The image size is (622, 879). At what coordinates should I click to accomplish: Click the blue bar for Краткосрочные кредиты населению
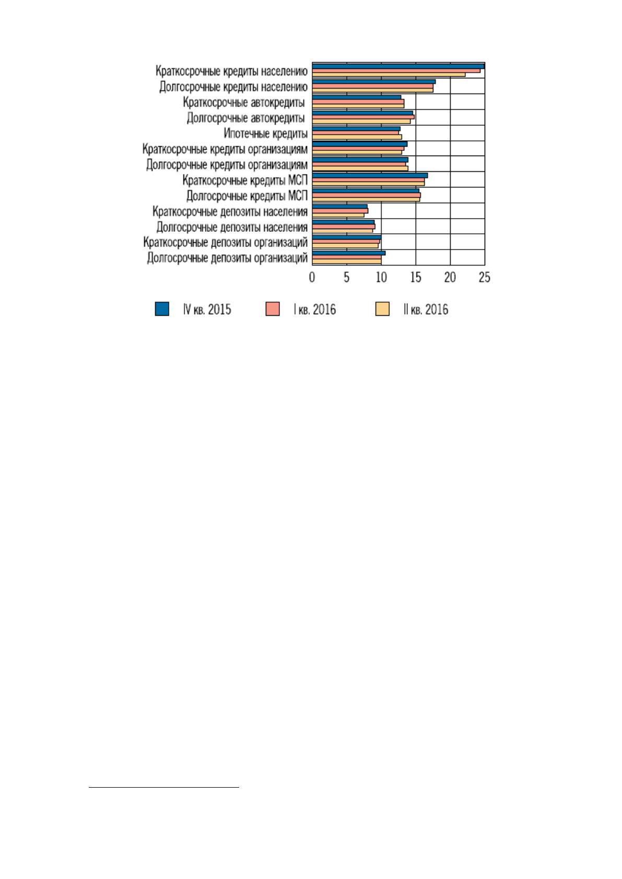pyautogui.click(x=398, y=66)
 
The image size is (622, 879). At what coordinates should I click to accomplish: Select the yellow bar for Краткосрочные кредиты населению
pyautogui.click(x=389, y=75)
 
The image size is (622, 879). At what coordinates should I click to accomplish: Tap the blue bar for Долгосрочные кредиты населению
pyautogui.click(x=374, y=81)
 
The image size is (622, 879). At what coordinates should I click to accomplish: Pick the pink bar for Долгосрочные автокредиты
pyautogui.click(x=363, y=117)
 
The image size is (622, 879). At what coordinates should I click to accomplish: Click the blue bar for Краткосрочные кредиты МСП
pyautogui.click(x=370, y=175)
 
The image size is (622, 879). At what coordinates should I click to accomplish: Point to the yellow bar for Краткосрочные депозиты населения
pyautogui.click(x=338, y=215)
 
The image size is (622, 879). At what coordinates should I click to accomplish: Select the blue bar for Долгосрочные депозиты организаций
pyautogui.click(x=349, y=253)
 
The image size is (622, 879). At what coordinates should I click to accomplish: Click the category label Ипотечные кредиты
pyautogui.click(x=265, y=134)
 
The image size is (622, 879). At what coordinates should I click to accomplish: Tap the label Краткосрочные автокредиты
pyautogui.click(x=243, y=102)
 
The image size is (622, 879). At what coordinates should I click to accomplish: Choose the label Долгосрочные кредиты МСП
pyautogui.click(x=247, y=195)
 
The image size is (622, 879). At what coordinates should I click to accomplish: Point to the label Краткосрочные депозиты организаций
pyautogui.click(x=226, y=243)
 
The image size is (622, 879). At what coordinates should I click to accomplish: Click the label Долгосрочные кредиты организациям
pyautogui.click(x=227, y=165)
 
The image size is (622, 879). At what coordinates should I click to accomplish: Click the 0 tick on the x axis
pyautogui.click(x=312, y=278)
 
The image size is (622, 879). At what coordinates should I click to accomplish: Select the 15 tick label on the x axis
pyautogui.click(x=416, y=278)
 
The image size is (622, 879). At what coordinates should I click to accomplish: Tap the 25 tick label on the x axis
pyautogui.click(x=485, y=278)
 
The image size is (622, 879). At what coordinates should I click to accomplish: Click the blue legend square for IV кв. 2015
pyautogui.click(x=162, y=309)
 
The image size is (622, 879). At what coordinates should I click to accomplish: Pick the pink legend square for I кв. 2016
pyautogui.click(x=273, y=309)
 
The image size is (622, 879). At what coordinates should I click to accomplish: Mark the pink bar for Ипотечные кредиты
pyautogui.click(x=355, y=133)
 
